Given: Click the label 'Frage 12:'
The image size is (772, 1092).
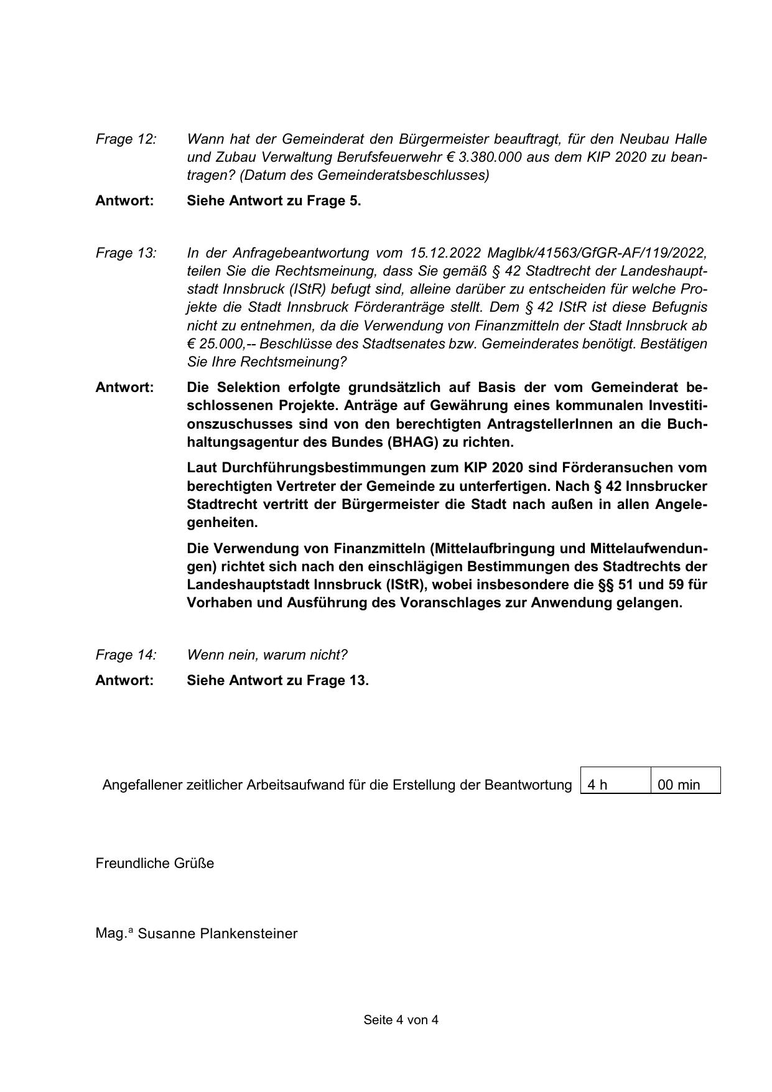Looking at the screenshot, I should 126,139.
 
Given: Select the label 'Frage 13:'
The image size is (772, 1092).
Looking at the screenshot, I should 126,253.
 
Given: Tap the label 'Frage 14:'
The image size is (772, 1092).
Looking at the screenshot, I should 126,655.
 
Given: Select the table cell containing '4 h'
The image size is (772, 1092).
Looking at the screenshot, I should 615,785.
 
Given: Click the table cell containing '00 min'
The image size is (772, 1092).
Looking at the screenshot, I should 686,785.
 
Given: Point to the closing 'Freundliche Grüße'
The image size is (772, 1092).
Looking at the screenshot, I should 154,864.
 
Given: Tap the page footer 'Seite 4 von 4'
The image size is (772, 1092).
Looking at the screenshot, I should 401,1020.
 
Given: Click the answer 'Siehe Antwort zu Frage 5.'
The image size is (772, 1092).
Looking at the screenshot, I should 274,201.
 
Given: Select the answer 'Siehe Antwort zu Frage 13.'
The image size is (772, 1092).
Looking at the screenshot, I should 277,681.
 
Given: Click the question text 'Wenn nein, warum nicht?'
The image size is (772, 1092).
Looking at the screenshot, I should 267,655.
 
